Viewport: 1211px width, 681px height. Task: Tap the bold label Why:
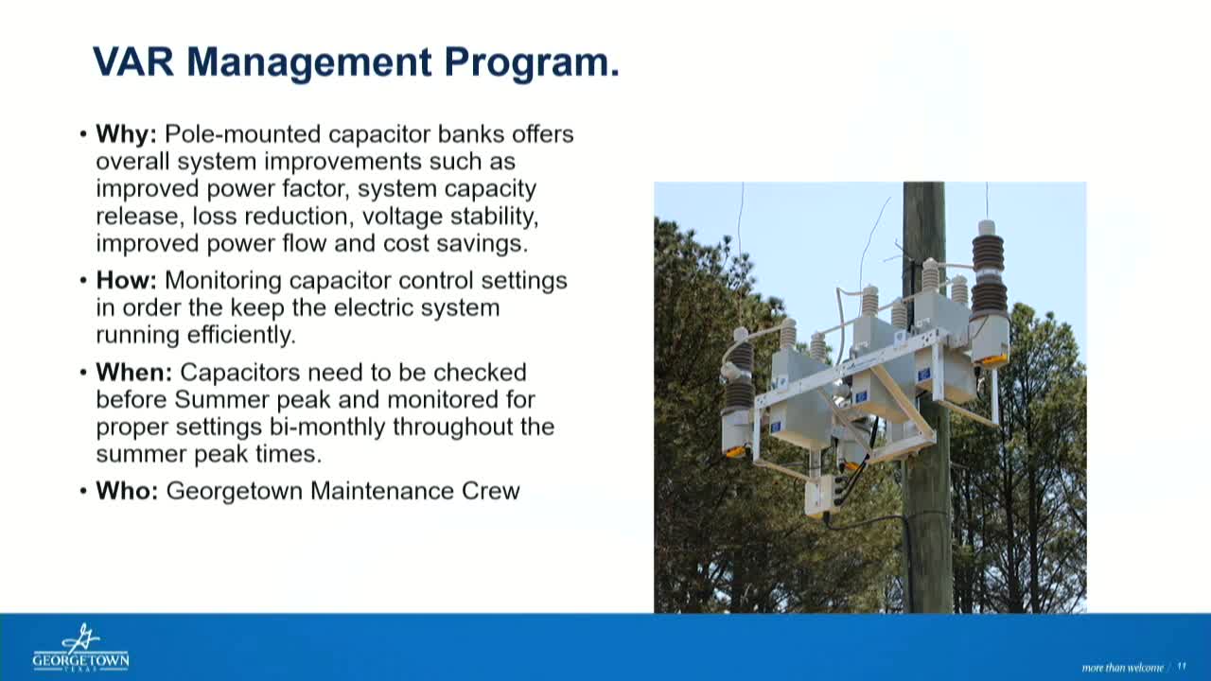coord(126,134)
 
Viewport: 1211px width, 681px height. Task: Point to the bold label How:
coord(126,281)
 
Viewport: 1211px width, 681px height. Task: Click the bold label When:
coord(133,373)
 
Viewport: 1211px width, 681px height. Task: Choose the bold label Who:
coord(127,491)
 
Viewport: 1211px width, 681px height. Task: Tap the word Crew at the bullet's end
coord(490,491)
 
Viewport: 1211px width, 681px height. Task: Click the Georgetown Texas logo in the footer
coord(80,648)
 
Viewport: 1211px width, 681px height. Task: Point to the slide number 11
coord(1182,667)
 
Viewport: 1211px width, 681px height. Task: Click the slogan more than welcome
coord(1122,668)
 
